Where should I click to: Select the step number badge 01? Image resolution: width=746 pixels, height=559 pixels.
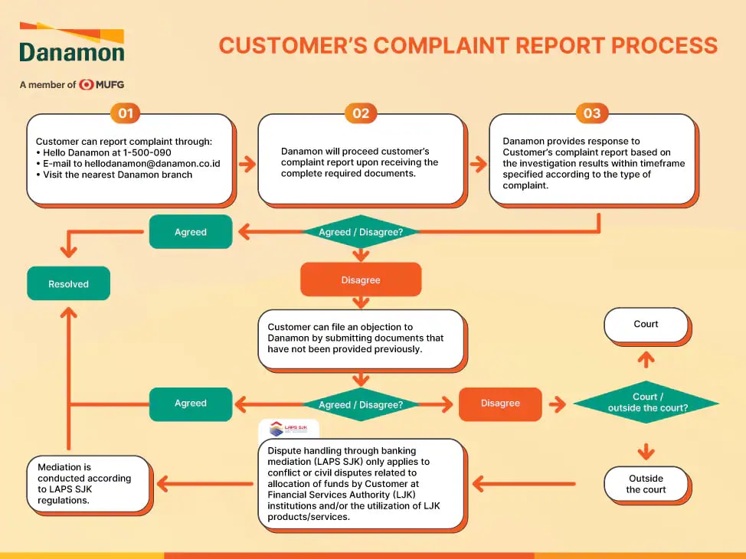(126, 114)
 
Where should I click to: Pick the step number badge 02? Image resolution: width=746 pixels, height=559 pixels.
(361, 114)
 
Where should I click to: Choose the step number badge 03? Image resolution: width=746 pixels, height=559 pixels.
(592, 114)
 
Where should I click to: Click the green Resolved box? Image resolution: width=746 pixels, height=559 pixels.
(68, 284)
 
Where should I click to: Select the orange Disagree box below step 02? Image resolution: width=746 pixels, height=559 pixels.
(361, 280)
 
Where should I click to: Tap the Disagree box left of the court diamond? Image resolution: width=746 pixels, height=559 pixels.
(500, 404)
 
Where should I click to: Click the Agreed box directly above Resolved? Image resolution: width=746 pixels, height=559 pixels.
(191, 232)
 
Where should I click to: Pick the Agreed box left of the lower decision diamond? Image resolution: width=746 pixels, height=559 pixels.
(191, 404)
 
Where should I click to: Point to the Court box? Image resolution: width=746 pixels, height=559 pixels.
(646, 325)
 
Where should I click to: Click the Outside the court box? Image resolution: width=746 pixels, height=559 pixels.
(646, 484)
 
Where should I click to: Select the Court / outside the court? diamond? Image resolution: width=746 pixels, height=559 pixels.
(646, 403)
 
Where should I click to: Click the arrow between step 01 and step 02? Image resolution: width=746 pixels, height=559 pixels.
(247, 164)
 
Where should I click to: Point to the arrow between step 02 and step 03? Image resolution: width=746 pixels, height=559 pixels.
(478, 164)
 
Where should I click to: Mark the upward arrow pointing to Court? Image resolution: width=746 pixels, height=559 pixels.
(646, 359)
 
